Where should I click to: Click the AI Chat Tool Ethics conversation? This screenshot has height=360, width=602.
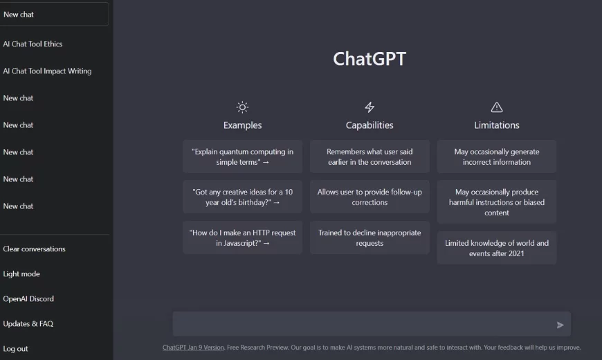point(33,44)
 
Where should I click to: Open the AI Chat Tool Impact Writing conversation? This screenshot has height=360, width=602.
point(47,71)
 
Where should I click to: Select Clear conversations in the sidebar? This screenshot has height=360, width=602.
point(35,249)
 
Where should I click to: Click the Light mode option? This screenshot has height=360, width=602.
point(21,273)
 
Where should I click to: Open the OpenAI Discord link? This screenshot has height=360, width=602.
point(28,298)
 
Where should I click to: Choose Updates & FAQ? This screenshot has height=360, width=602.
point(28,323)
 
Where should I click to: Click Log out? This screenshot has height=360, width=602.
point(16,348)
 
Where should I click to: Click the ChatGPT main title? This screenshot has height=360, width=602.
point(370,59)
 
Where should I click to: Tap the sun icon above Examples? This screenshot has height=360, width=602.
point(242,107)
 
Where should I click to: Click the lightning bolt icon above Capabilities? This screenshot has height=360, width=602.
point(370,107)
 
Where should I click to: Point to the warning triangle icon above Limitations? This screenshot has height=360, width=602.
point(497,107)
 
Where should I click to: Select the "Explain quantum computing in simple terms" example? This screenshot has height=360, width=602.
point(242,156)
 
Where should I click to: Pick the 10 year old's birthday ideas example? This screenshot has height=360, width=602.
point(242,197)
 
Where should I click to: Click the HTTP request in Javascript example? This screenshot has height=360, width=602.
point(242,237)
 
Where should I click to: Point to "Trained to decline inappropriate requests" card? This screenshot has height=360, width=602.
point(370,237)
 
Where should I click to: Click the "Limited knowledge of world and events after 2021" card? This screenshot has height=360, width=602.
point(497,248)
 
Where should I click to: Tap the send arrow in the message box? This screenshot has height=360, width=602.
point(560,325)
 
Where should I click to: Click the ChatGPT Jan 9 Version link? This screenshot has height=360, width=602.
point(193,348)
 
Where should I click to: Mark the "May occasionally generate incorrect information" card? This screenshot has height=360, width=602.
point(497,156)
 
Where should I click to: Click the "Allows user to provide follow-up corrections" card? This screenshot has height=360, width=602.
point(370,197)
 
